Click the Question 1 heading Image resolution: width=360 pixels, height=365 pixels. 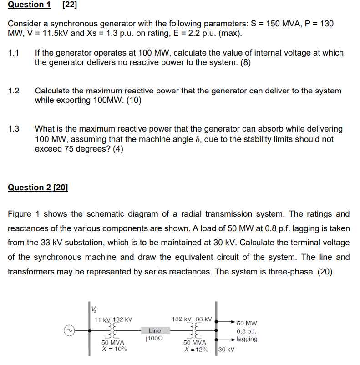tap(29, 5)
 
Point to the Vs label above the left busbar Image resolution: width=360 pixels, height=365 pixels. tap(94, 308)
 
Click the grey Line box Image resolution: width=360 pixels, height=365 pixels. tap(155, 330)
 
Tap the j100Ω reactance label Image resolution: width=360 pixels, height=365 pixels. tap(155, 339)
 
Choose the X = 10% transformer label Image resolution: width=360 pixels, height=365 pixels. tap(114, 349)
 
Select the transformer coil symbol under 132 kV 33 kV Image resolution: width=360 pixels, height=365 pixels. tap(196, 330)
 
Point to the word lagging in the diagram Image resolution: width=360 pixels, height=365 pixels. tap(247, 339)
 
